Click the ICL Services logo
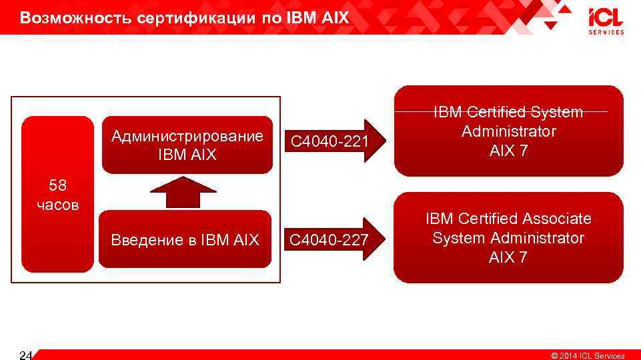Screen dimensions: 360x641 coord(606,21)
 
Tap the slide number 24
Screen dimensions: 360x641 coord(26,354)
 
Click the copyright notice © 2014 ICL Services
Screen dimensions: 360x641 coord(587,355)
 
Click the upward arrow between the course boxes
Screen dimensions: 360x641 coord(183,193)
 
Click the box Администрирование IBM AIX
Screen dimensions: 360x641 coord(187,145)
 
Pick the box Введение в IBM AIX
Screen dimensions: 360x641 coord(185,239)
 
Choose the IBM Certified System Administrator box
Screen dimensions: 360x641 coord(508,131)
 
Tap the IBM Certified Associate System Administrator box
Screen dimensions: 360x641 coord(508,238)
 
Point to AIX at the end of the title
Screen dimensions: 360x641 coord(335,18)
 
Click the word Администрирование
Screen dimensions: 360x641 coord(187,137)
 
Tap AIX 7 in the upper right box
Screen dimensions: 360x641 coord(508,151)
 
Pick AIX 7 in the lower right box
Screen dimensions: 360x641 coord(508,257)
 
